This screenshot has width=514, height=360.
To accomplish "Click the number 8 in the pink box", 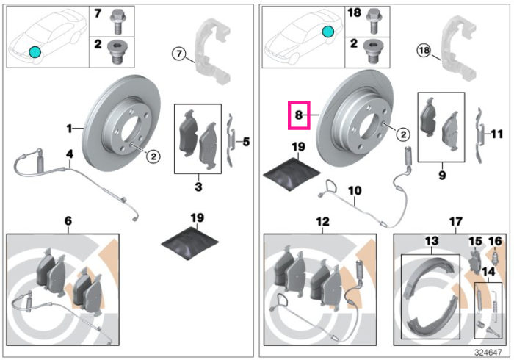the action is click(299, 115).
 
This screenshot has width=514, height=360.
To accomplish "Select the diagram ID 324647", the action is click(488, 353).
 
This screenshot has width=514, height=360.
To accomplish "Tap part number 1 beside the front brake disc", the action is click(69, 129).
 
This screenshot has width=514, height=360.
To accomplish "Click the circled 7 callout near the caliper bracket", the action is click(179, 54).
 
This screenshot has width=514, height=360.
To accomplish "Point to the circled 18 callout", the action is click(424, 51).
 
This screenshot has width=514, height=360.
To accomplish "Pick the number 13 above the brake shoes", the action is click(432, 241).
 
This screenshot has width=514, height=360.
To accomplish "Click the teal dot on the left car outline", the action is click(35, 52).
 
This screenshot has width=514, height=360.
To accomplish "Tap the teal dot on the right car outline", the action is click(327, 32).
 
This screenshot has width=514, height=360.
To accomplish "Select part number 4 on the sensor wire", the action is click(70, 154).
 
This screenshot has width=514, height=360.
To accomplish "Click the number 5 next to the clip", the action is click(246, 142).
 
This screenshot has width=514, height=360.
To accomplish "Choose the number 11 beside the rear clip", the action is click(496, 134).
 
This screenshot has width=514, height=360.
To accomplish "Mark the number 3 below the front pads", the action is click(198, 187).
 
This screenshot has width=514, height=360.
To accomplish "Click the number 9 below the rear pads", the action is click(442, 175).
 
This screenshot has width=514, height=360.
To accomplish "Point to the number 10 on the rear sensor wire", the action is click(355, 190).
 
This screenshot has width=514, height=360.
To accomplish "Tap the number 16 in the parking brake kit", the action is click(496, 242).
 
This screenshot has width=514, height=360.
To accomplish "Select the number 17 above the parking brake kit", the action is click(456, 222).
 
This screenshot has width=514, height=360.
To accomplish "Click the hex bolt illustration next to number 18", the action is click(372, 21).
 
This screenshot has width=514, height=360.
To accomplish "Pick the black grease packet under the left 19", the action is click(190, 242).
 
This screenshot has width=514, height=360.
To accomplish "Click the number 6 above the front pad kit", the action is click(68, 221).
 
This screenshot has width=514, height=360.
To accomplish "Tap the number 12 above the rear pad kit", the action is click(322, 222).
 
